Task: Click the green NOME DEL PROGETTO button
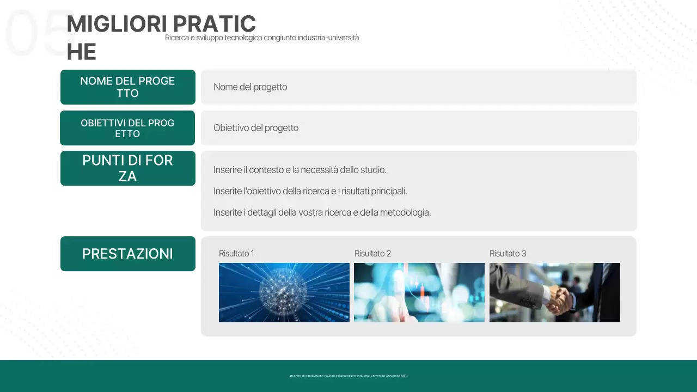click(127, 87)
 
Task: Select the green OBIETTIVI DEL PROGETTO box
click(127, 128)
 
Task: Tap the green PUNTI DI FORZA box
click(127, 168)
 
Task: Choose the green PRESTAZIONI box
click(127, 254)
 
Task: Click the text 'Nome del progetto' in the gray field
click(250, 87)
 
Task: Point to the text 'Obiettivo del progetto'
click(256, 128)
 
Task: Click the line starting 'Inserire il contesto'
click(299, 170)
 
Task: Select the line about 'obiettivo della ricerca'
click(310, 191)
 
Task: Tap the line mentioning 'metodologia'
click(322, 212)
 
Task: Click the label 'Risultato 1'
click(236, 254)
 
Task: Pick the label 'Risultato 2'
click(372, 254)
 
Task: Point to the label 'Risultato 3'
click(508, 254)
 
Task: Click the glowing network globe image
click(284, 292)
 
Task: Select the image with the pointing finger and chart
click(419, 292)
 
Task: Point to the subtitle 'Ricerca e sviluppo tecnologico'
click(262, 38)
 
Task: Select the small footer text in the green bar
click(348, 376)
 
